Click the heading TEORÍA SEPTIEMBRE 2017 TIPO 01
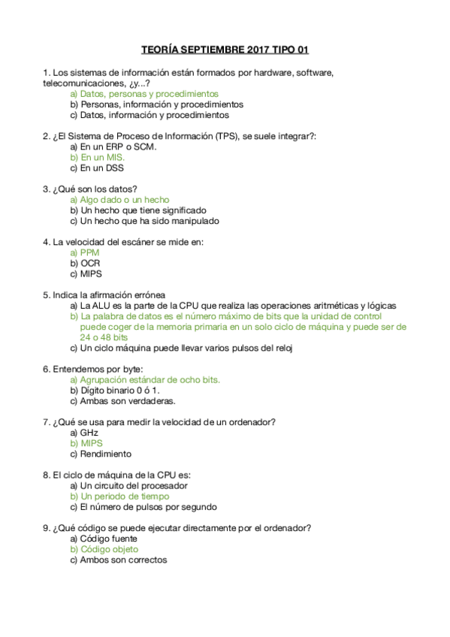pos(225,50)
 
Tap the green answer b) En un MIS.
pos(98,158)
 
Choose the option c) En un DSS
pos(97,168)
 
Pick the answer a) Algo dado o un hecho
pos(119,200)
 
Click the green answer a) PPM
pos(84,253)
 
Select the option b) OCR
pos(85,264)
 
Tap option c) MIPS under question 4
pos(86,274)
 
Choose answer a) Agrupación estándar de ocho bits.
pos(145,380)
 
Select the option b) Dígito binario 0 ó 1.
pos(115,391)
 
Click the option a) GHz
pos(84,433)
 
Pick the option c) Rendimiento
pos(101,454)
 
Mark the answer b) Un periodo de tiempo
pos(119,497)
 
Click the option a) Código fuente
pos(104,539)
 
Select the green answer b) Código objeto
pos(104,549)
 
